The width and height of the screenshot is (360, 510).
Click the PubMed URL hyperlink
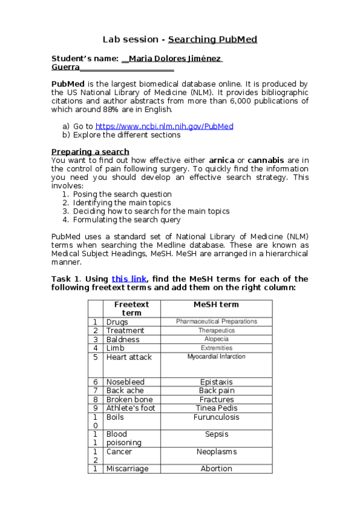coord(164,126)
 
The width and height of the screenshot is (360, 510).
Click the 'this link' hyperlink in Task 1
coord(128,278)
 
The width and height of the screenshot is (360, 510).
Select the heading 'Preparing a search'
coord(90,152)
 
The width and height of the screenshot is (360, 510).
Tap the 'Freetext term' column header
coord(132,309)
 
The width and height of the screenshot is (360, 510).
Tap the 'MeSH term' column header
coord(216,304)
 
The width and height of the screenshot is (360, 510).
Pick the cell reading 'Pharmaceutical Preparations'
coord(216,322)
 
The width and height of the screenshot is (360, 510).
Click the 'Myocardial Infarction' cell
coord(216,357)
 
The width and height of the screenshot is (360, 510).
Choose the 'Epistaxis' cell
coord(216,382)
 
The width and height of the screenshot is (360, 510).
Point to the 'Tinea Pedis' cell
coord(216,408)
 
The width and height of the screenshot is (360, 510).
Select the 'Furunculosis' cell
coord(216,417)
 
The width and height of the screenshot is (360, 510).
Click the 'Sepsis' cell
coord(216,434)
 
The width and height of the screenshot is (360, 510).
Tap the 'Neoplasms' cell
coord(216,452)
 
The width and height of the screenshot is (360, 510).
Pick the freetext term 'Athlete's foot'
coord(130,408)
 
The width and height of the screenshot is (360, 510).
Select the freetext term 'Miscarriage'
coord(127,469)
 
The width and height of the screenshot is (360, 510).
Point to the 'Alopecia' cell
coord(216,339)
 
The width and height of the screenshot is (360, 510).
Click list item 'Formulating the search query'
coord(127,220)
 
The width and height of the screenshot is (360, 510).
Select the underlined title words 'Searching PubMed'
coord(213,40)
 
